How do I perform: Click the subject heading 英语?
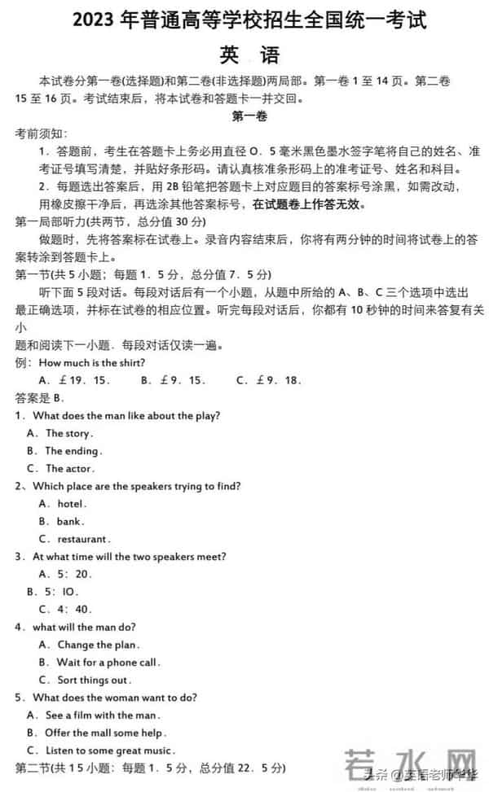click(249, 55)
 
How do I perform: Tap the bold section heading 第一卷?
click(249, 116)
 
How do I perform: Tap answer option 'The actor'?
click(68, 469)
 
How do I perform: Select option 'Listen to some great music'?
click(109, 750)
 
